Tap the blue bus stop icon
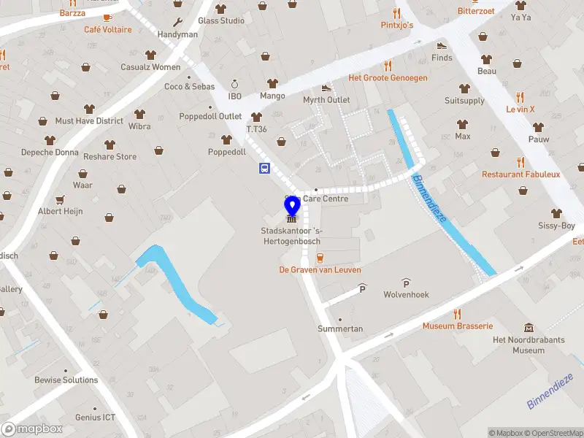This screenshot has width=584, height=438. coord(264,169)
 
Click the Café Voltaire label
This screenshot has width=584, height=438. coord(108,30)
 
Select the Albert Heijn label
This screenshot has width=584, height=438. coord(61,212)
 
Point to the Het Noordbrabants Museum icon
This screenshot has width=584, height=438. coord(529,329)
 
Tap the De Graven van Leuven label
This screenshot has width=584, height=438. coord(320,270)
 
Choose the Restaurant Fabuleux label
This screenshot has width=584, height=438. coord(520,174)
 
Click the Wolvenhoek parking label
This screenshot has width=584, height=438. coord(406,295)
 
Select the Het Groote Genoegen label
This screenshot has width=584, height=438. coord(388,78)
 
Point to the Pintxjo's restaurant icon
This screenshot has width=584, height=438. coord(397,13)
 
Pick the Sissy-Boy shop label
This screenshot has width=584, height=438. coord(556,226)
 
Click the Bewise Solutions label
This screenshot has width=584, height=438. coord(66,380)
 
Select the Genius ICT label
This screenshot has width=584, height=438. coord(95,418)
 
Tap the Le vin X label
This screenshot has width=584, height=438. coord(520,109)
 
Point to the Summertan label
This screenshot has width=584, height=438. coord(340,329)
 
